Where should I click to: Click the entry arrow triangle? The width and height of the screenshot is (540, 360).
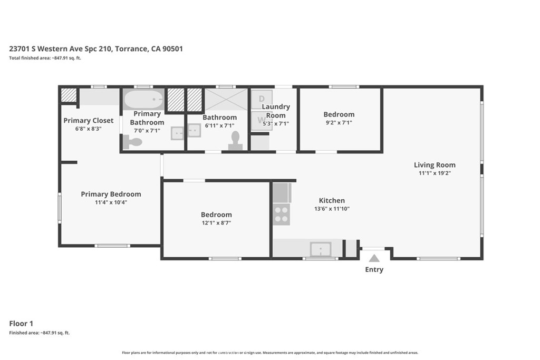tap(374, 258)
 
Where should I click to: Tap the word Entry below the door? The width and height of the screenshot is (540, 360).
tap(374, 270)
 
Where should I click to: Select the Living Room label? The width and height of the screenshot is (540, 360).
tap(435, 165)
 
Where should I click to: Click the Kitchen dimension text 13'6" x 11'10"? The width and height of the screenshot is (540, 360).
tap(332, 209)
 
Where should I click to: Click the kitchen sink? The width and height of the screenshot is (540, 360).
tap(320, 249)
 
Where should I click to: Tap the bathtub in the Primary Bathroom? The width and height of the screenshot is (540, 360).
tap(143, 99)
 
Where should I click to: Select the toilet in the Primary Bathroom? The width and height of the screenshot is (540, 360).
tap(133, 142)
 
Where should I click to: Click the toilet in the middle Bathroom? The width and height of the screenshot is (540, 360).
tap(235, 141)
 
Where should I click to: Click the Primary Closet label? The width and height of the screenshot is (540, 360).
tap(89, 121)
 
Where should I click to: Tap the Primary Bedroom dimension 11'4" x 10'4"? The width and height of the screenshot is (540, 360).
tap(111, 202)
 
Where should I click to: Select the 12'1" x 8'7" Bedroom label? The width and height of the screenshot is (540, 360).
tap(216, 215)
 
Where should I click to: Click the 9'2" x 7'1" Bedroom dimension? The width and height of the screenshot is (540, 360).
tap(339, 123)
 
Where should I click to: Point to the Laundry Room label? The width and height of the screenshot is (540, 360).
tap(276, 111)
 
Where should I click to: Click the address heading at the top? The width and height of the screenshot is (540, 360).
tap(96, 48)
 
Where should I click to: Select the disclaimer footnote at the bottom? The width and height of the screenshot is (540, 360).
tap(270, 353)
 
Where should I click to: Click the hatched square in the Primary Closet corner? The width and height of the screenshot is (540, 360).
tap(68, 95)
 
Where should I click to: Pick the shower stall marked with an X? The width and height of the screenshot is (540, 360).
tap(226, 99)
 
